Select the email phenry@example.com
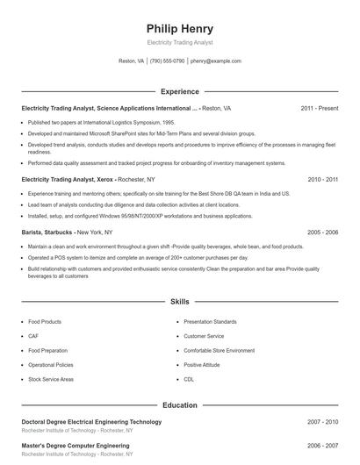coord(216,61)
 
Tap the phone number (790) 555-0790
coord(167,61)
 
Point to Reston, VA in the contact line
coord(132,61)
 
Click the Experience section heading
coord(179,91)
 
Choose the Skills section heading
coord(179,301)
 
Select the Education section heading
coord(179,405)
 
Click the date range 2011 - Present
coord(319,108)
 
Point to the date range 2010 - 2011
coord(322,179)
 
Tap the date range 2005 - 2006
coord(322,232)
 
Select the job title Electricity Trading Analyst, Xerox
coord(69,179)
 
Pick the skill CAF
coord(33,336)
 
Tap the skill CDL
coord(189,378)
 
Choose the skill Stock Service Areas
coord(51,378)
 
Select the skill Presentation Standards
coord(212,322)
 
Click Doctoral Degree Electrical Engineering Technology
coord(91,422)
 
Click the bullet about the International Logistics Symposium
coord(101,123)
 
